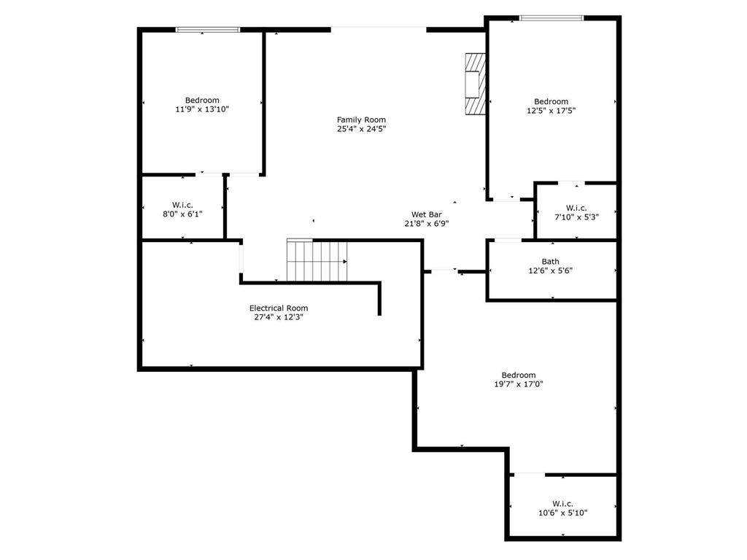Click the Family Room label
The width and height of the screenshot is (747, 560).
click(x=361, y=120)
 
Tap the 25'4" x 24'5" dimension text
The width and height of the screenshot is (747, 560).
click(x=361, y=129)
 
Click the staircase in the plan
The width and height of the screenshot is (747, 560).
click(x=317, y=260)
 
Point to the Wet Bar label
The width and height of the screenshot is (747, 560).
click(x=427, y=214)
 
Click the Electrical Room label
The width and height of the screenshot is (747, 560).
click(x=279, y=308)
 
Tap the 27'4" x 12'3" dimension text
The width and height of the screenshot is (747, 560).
click(x=279, y=317)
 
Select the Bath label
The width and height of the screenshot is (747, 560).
click(x=551, y=261)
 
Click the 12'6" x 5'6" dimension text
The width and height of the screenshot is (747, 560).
click(x=551, y=271)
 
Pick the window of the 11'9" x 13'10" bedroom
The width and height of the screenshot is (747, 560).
click(x=208, y=30)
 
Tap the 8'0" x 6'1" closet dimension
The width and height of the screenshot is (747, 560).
click(x=182, y=214)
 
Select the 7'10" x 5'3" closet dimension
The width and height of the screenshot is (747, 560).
click(x=576, y=217)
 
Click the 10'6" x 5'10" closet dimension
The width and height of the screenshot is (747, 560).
click(x=562, y=513)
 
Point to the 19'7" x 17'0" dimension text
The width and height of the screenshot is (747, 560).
click(x=519, y=384)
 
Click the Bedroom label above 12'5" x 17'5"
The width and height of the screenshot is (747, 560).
click(x=551, y=101)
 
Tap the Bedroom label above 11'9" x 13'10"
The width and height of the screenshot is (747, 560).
click(x=202, y=100)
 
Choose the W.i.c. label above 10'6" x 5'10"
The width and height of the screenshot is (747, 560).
click(x=562, y=503)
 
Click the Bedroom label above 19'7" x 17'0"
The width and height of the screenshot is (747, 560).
click(x=519, y=375)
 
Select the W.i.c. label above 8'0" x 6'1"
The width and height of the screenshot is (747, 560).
click(x=182, y=204)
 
